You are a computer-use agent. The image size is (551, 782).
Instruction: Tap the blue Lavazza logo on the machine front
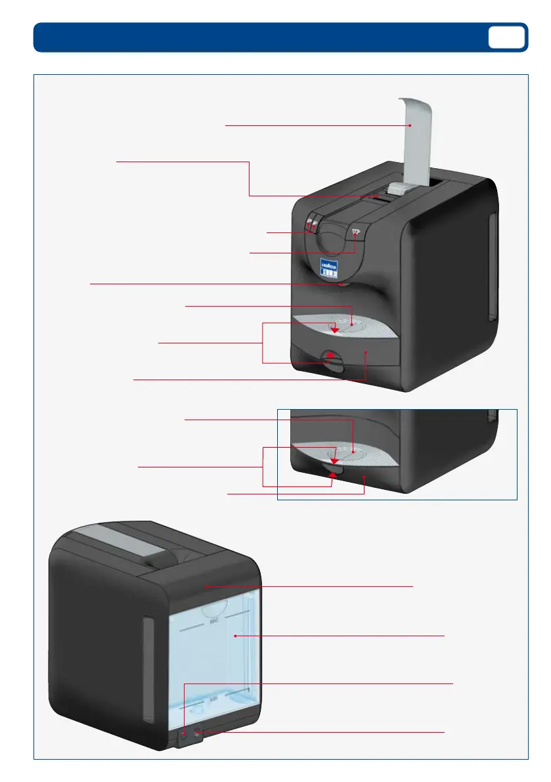click(x=328, y=269)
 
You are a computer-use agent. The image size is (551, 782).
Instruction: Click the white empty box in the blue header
click(x=506, y=37)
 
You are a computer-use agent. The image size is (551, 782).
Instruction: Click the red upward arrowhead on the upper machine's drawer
click(x=331, y=355)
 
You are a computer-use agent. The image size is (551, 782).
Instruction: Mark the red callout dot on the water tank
click(x=234, y=636)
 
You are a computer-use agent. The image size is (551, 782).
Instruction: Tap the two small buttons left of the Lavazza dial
click(x=310, y=227)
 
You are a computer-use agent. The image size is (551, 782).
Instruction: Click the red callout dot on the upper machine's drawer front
click(x=366, y=352)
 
